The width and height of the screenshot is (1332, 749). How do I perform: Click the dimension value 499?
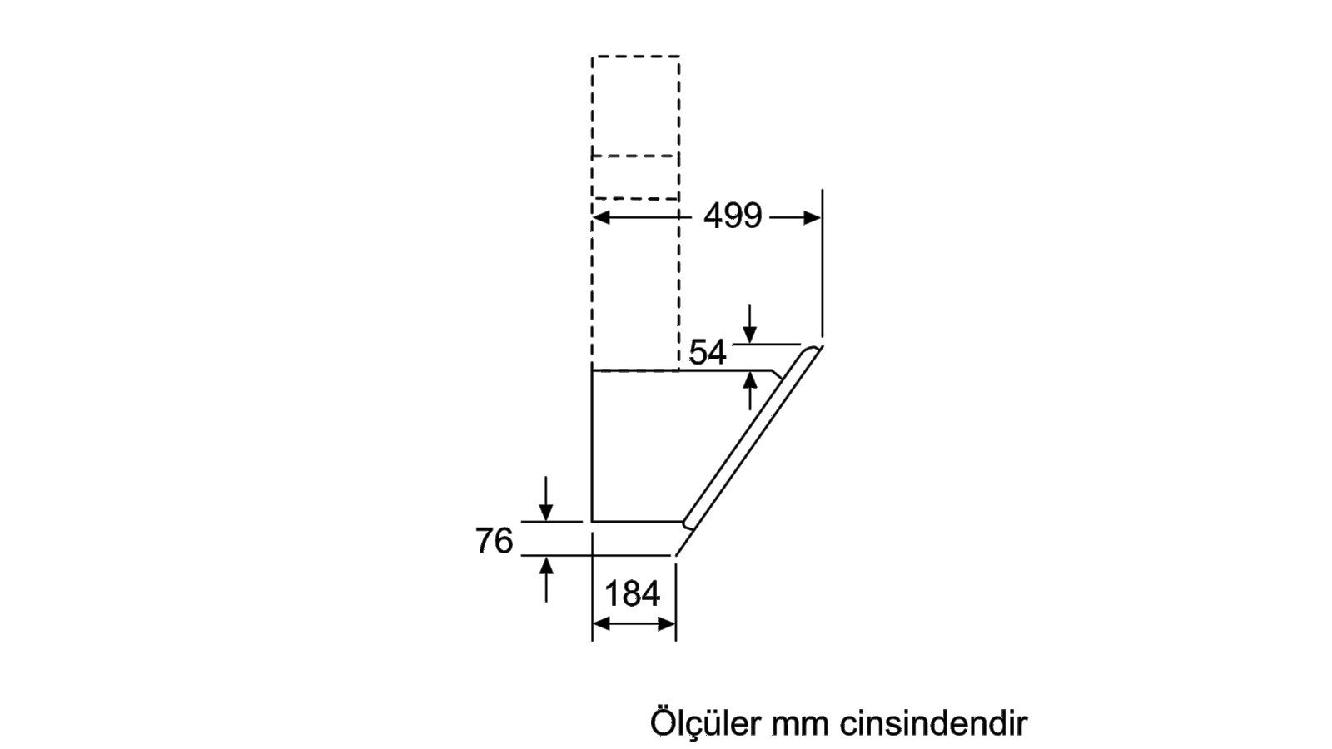pyautogui.click(x=732, y=216)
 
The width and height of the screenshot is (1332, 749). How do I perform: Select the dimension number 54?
pyautogui.click(x=707, y=352)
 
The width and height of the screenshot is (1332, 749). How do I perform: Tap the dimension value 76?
pyautogui.click(x=494, y=541)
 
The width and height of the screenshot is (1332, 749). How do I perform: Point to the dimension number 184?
pyautogui.click(x=632, y=593)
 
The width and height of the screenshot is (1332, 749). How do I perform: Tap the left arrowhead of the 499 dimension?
pyautogui.click(x=601, y=217)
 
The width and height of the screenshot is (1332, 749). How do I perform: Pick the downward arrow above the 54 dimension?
pyautogui.click(x=750, y=324)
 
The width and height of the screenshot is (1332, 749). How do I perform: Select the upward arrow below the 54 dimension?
pyautogui.click(x=750, y=391)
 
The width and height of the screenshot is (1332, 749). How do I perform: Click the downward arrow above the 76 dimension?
pyautogui.click(x=546, y=499)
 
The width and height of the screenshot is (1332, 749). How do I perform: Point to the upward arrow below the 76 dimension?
pyautogui.click(x=546, y=579)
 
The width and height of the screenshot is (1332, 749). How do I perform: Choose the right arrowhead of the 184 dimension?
pyautogui.click(x=667, y=624)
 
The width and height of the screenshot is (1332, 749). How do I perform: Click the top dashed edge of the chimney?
pyautogui.click(x=636, y=57)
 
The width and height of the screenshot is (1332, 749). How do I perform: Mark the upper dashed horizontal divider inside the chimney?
pyautogui.click(x=635, y=156)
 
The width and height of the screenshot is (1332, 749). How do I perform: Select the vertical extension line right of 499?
pyautogui.click(x=823, y=263)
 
